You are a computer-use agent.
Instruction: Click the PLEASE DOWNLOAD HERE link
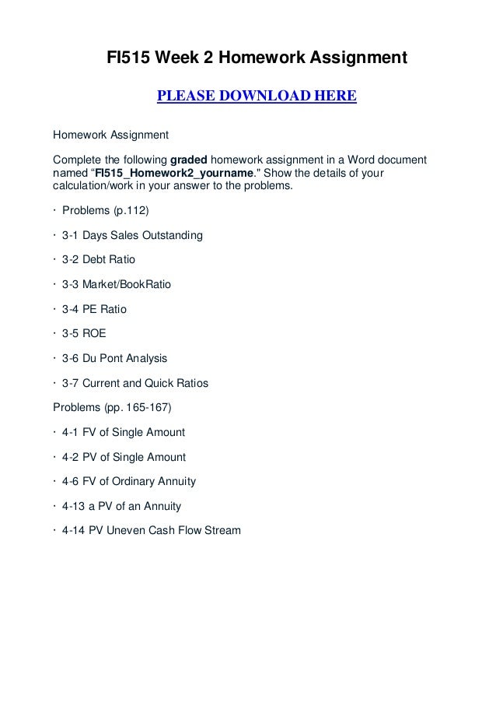click(x=257, y=97)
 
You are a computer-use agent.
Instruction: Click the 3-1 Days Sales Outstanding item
click(x=131, y=236)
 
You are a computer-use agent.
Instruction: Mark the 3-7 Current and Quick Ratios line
click(x=134, y=384)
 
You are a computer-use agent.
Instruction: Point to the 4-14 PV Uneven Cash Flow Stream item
click(x=151, y=531)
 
